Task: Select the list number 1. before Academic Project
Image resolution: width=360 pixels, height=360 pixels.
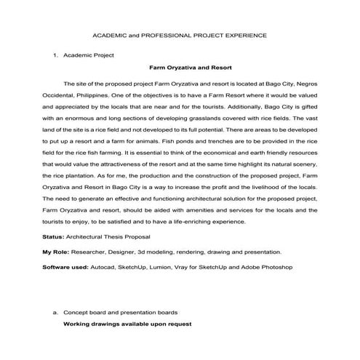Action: pos(55,55)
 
